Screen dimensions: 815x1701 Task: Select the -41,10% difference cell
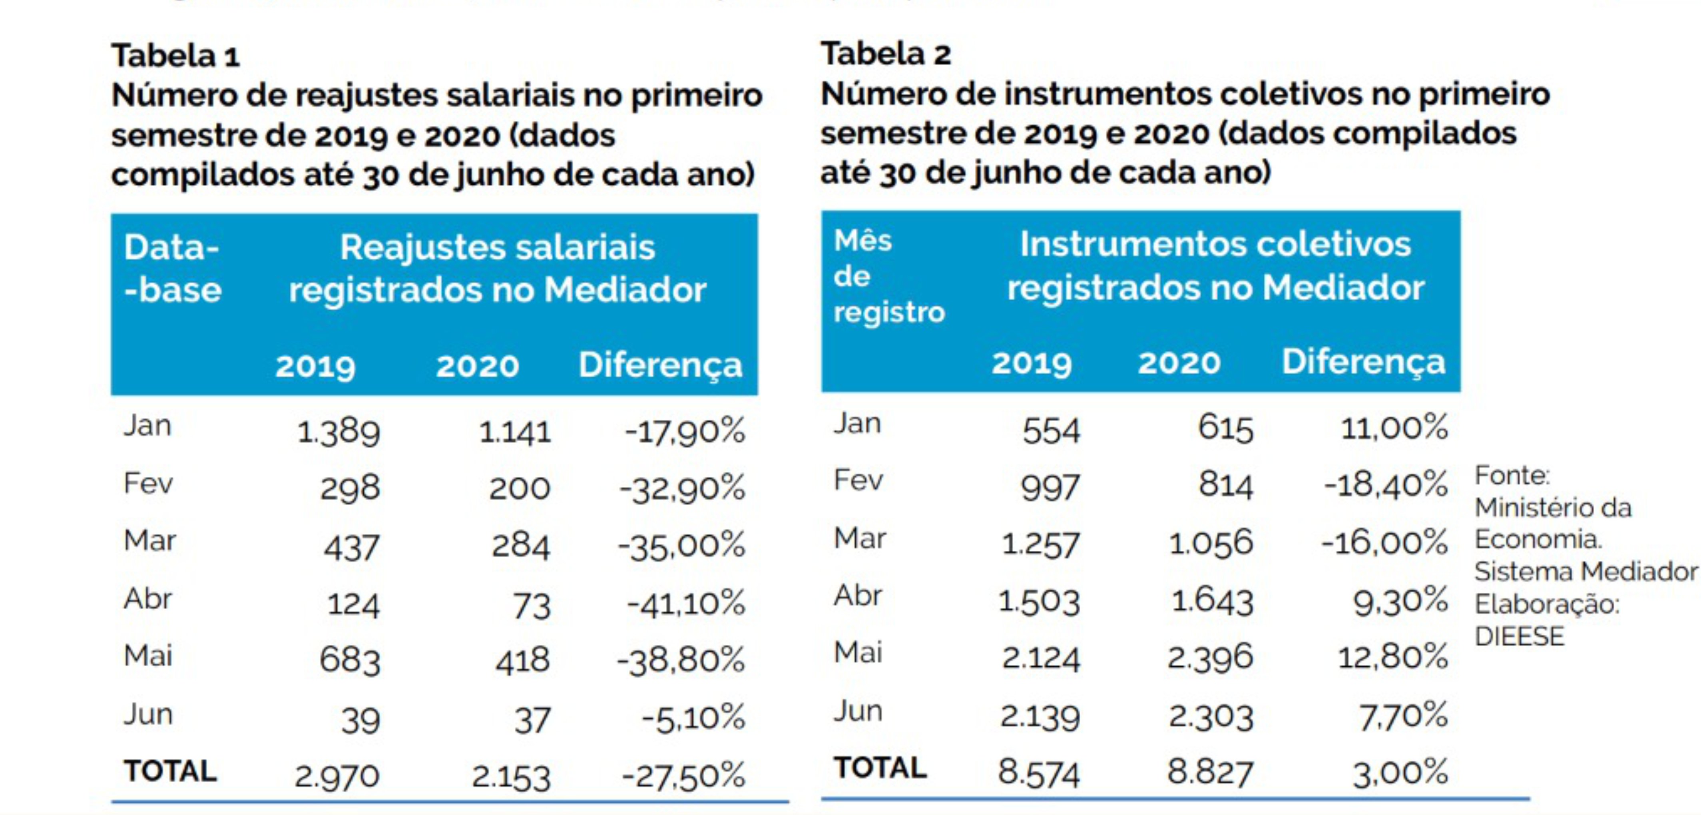pyautogui.click(x=685, y=604)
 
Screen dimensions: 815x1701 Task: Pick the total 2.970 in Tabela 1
pyautogui.click(x=337, y=776)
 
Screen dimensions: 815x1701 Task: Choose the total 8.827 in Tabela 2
pyautogui.click(x=1210, y=772)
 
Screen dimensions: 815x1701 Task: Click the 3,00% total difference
pyautogui.click(x=1400, y=772)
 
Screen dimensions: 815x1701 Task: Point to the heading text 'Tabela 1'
pyautogui.click(x=175, y=56)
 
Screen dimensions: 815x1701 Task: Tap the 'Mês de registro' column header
pyautogui.click(x=888, y=276)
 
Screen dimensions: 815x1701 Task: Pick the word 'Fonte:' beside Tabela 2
pyautogui.click(x=1512, y=475)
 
